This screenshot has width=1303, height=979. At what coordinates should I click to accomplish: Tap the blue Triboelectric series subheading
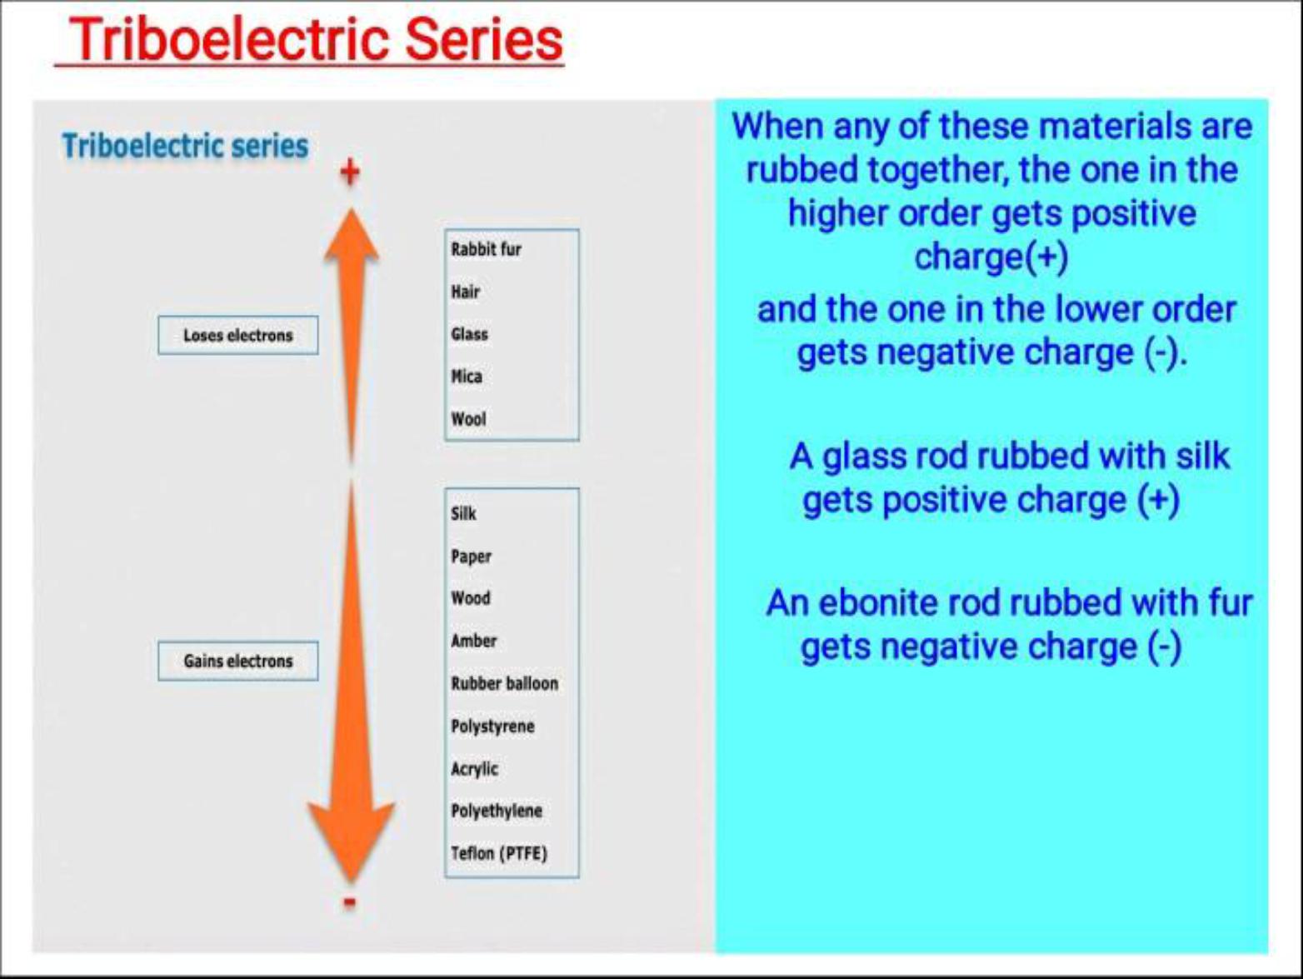coord(185,146)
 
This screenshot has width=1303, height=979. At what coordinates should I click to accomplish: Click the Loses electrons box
coord(237,335)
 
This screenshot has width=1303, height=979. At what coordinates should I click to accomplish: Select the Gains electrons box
coord(237,661)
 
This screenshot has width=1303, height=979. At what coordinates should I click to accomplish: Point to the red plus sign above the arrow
coord(350,172)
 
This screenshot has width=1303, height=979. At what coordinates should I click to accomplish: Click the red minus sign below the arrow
coord(350,902)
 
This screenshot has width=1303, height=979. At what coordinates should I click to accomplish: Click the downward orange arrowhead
coord(352,837)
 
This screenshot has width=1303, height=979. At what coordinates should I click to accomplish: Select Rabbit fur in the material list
coord(486,249)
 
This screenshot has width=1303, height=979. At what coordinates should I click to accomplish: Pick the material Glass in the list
coord(469,334)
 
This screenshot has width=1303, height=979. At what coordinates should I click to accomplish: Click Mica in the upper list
coord(467,377)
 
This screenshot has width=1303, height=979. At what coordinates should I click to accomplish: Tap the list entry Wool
coord(468,419)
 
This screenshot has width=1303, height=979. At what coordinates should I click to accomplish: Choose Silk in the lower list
coord(463,513)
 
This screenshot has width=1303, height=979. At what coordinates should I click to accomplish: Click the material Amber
coord(473,641)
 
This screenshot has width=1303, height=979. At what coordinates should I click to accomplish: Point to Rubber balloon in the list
coord(504,683)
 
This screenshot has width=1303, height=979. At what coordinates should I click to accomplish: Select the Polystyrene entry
coord(492,726)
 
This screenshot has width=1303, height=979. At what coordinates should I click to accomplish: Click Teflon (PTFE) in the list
coord(498,853)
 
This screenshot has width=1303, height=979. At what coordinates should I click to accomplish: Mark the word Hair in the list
coord(465,292)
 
